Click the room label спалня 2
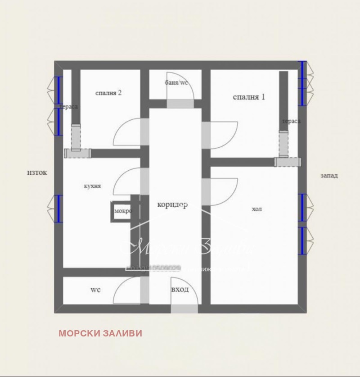coord(108,93)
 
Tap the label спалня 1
coord(249,97)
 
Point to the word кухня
coord(92,186)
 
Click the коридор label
coord(172,204)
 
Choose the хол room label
coord(256,209)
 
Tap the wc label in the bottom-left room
coord(95,290)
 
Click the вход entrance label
coord(180,289)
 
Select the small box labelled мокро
coord(122,211)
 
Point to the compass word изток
coord(37,173)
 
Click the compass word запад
coord(329,176)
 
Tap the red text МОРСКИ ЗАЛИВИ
coord(100,333)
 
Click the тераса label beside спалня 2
coord(69,107)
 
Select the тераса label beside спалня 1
coord(291,121)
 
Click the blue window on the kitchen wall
coord(58,209)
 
